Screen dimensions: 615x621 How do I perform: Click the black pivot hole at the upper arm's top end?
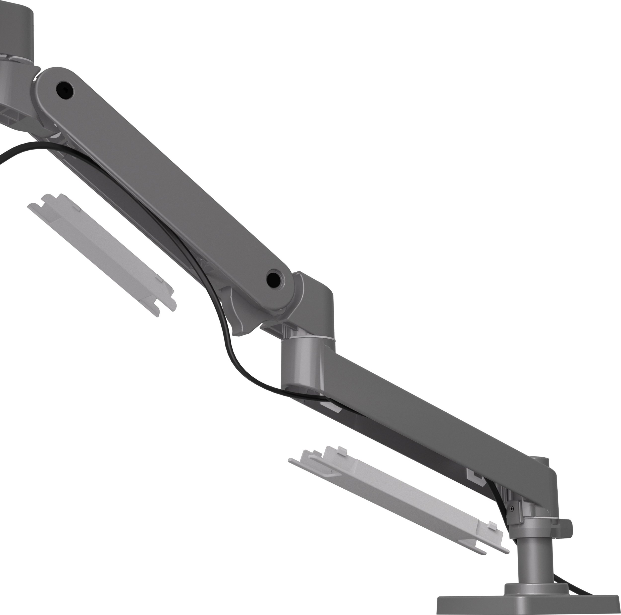[x=65, y=90]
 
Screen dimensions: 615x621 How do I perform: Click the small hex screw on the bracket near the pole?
[x=511, y=509]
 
